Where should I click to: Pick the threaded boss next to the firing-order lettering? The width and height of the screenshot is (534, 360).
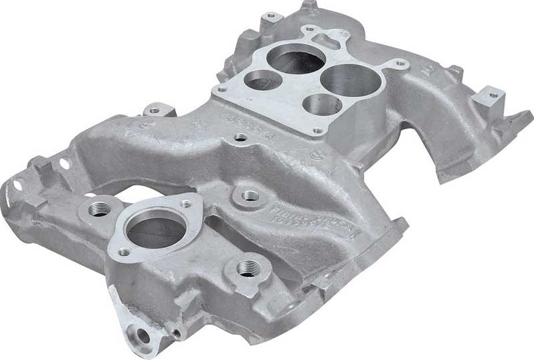point(250,196)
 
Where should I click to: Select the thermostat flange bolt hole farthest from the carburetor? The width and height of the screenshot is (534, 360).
point(124,253)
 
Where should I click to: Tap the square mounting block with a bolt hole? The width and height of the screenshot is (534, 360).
point(491,98)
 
